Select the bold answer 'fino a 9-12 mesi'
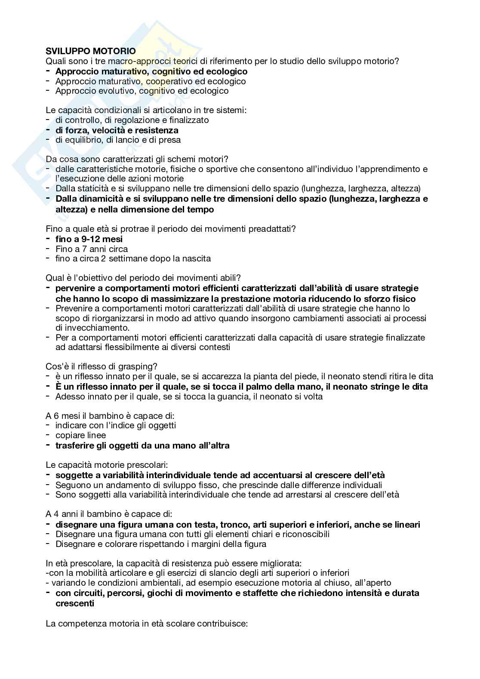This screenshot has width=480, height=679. [89, 239]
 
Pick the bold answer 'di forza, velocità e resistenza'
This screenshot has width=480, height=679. [117, 130]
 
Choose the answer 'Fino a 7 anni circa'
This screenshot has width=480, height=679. [92, 249]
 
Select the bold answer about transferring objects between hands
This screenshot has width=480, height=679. [142, 445]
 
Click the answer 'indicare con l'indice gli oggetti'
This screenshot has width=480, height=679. [116, 425]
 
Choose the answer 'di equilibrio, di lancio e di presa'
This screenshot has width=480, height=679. [118, 140]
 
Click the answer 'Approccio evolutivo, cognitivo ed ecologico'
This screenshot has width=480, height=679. [142, 91]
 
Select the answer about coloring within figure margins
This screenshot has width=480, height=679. [161, 544]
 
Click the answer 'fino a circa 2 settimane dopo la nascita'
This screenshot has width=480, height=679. [133, 258]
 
